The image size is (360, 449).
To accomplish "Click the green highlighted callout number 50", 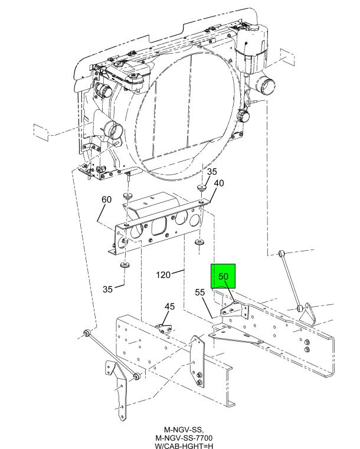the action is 223,276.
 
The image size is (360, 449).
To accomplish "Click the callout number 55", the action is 200,293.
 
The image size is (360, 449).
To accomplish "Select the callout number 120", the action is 163,275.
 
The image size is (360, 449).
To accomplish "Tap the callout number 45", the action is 169,306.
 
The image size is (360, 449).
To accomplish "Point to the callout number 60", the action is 107,199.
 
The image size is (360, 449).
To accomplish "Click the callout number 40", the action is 219,183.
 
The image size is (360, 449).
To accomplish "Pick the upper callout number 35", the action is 212,172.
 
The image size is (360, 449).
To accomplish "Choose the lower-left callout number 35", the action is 107,289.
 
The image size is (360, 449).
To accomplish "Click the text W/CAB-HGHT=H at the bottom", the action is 184,446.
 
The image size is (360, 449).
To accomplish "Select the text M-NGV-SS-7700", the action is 184,438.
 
